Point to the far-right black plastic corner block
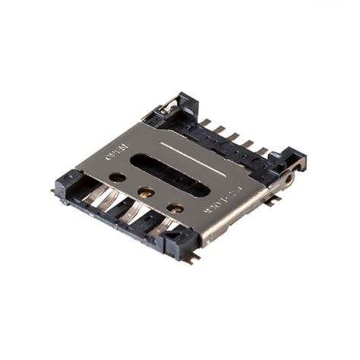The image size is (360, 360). coord(292,161)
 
